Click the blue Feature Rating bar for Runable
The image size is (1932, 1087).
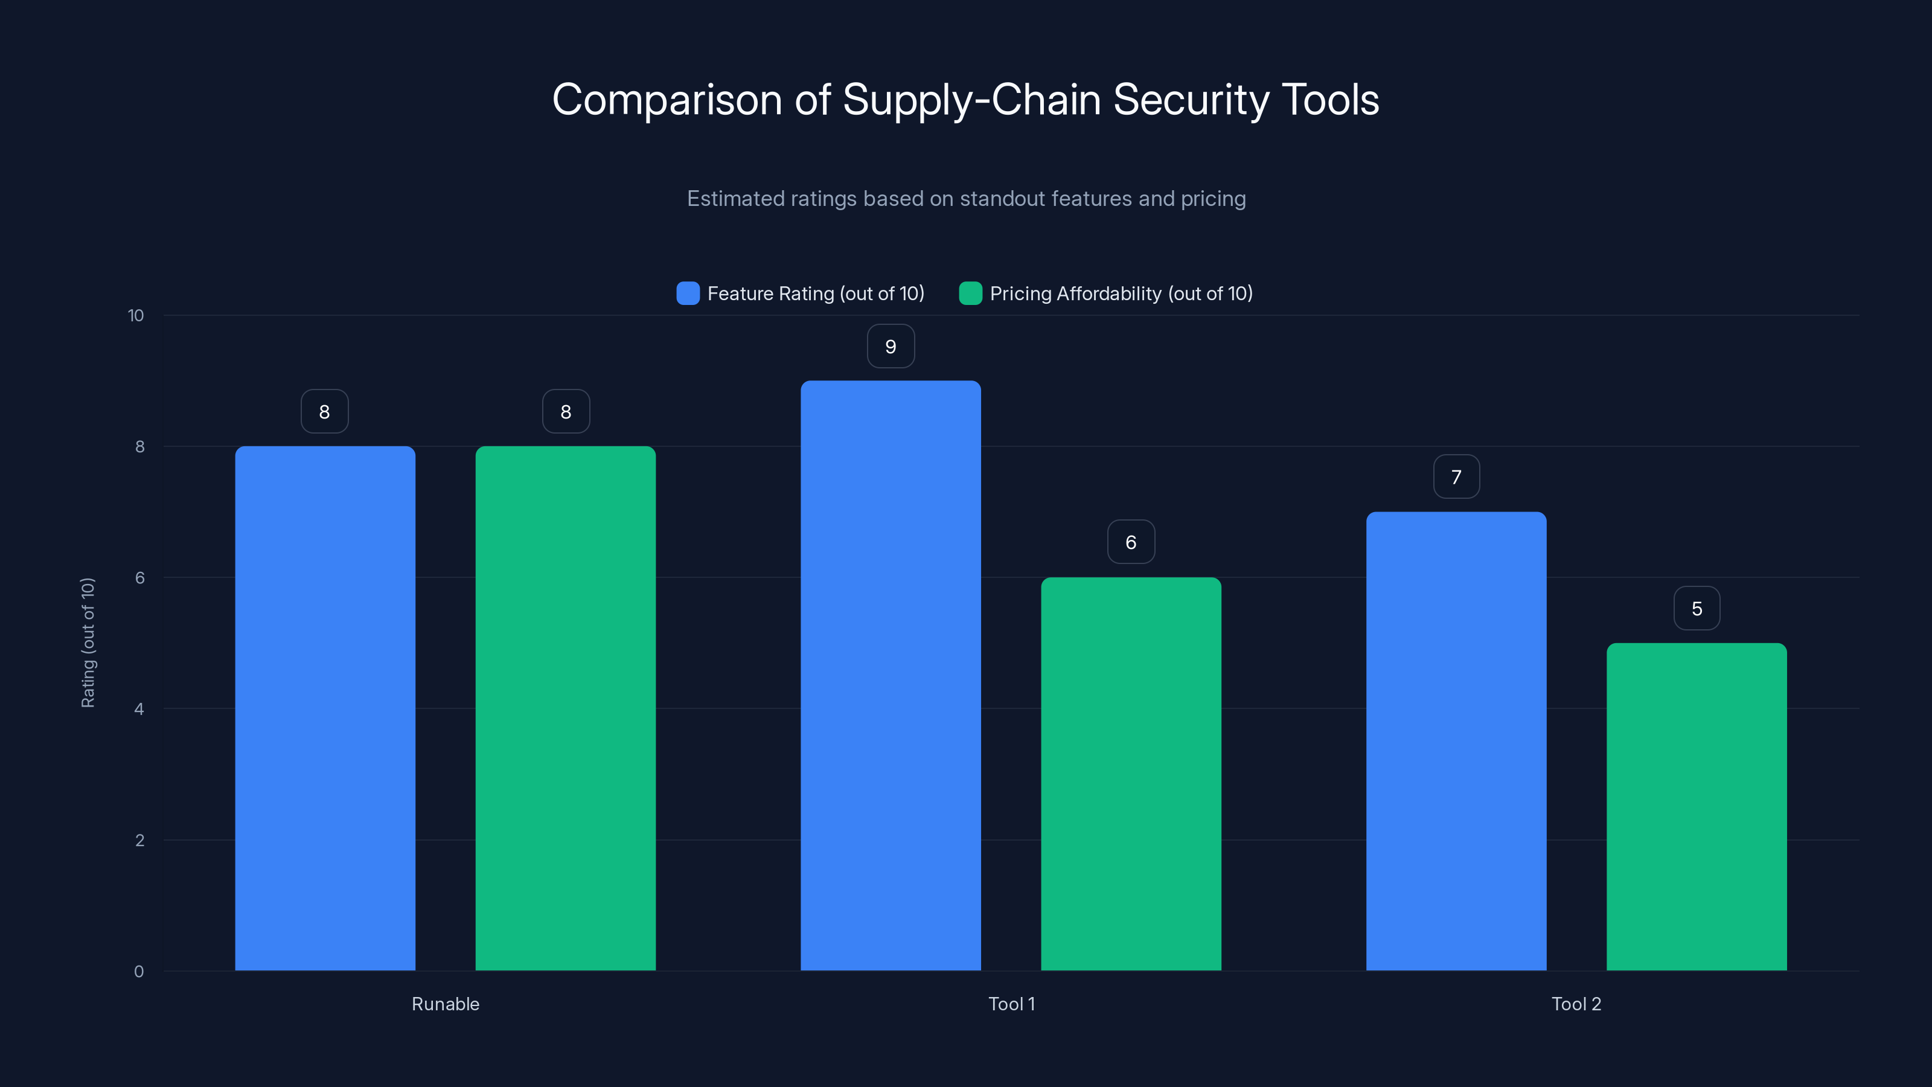(325, 708)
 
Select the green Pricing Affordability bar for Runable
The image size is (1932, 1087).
(566, 708)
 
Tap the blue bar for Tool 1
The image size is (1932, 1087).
(891, 675)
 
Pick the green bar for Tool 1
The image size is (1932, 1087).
(1131, 774)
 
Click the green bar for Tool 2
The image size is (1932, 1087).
(1697, 806)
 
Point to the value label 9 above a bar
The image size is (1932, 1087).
(891, 347)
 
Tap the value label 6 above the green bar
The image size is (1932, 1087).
(1131, 542)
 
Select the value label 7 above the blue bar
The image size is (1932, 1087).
(1456, 477)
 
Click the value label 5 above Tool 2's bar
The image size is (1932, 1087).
(1697, 608)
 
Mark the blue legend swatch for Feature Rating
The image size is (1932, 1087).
(688, 293)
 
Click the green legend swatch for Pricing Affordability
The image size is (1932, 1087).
(970, 293)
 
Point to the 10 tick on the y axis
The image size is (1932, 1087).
(136, 316)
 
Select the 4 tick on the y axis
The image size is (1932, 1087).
(139, 709)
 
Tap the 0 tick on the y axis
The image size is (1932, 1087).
(139, 972)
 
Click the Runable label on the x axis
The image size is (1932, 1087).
(446, 1004)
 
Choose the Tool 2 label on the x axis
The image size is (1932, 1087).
(1576, 1004)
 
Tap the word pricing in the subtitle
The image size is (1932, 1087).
(1213, 199)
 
